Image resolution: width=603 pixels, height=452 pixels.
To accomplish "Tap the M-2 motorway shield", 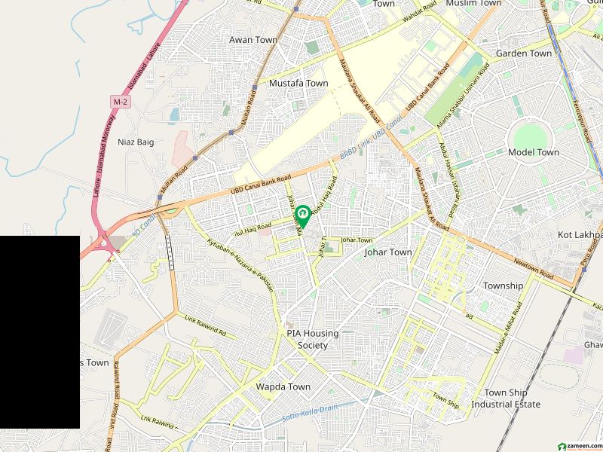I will pyautogui.click(x=120, y=101).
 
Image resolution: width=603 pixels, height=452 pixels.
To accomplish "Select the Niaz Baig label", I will pyautogui.click(x=136, y=142).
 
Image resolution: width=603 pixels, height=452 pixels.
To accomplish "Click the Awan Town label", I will pyautogui.click(x=253, y=40).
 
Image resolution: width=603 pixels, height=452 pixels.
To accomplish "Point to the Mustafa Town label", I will pyautogui.click(x=298, y=83).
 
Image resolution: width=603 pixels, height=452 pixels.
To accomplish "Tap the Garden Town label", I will pyautogui.click(x=524, y=53).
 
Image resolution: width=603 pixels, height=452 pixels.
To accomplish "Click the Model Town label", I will pyautogui.click(x=534, y=152).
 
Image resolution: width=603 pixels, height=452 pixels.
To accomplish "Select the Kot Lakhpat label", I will pyautogui.click(x=580, y=235).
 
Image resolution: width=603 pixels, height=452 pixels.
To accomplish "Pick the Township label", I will pyautogui.click(x=503, y=286).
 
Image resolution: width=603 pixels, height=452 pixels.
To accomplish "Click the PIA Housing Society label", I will pyautogui.click(x=312, y=339).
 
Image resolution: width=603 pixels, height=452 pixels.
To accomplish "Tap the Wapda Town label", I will pyautogui.click(x=283, y=386).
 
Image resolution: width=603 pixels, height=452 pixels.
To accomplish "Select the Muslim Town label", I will pyautogui.click(x=473, y=4).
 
